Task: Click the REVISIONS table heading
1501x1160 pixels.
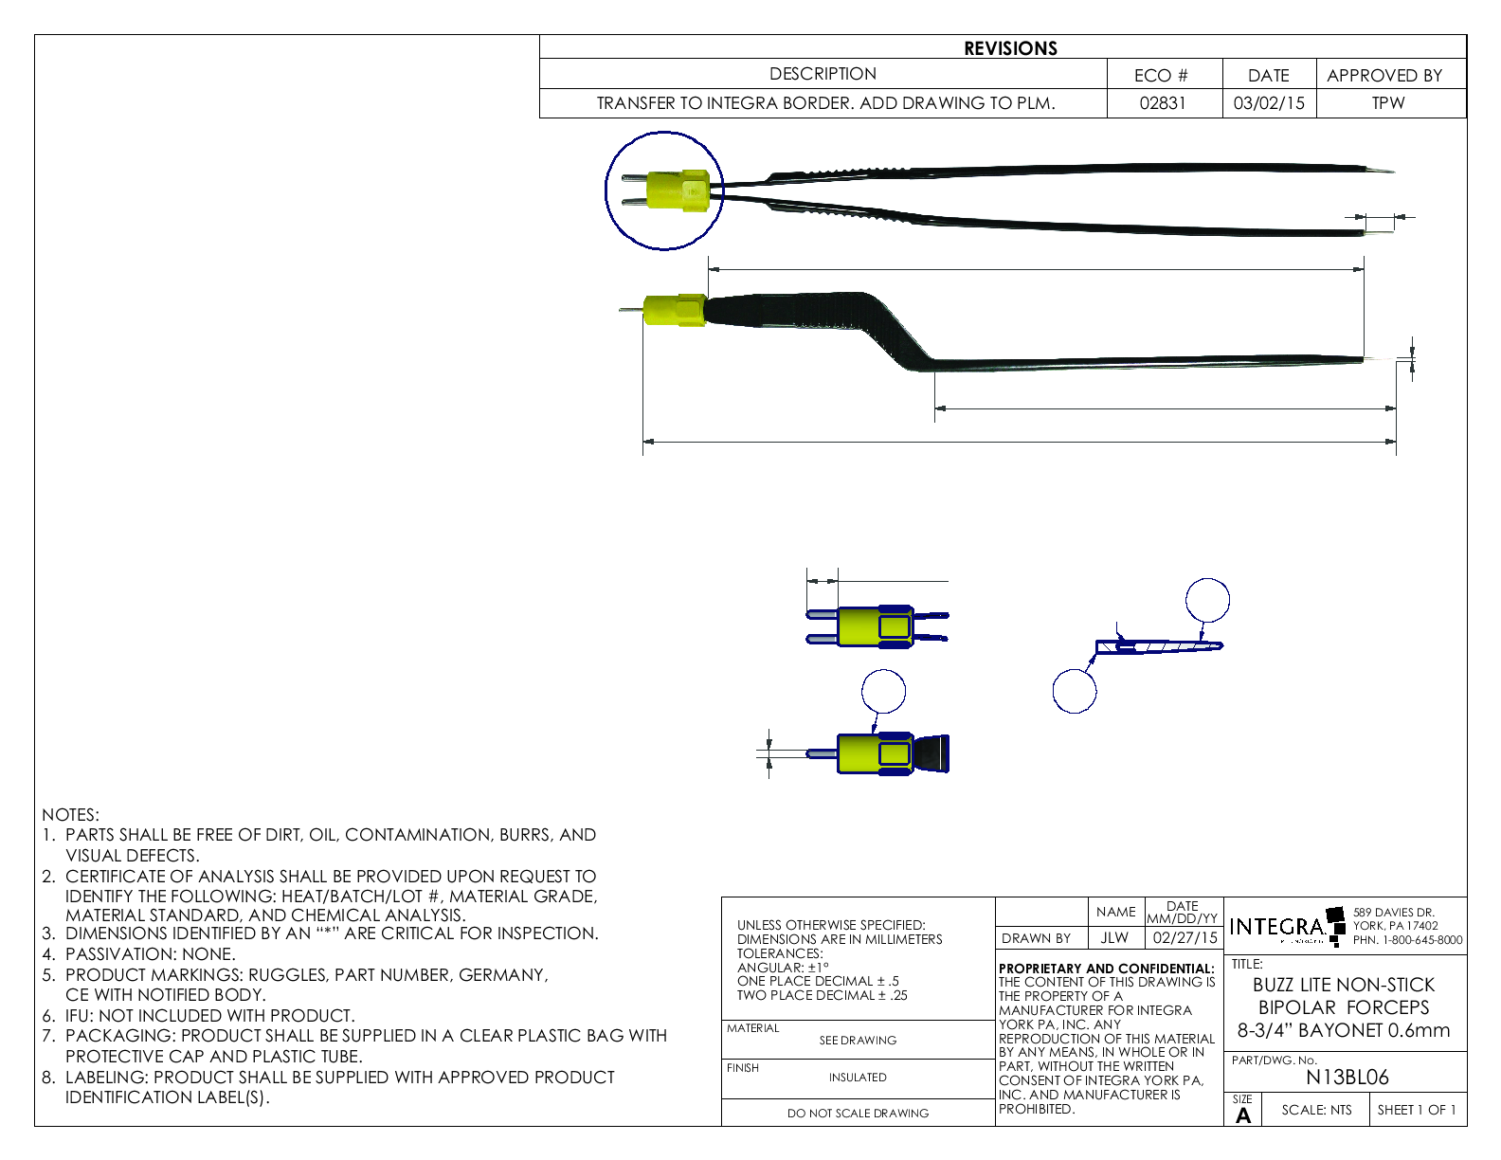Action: [1010, 48]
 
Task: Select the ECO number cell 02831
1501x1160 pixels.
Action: [1162, 103]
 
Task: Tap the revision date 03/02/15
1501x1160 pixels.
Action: [1268, 103]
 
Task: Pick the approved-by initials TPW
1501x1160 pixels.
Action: [1387, 103]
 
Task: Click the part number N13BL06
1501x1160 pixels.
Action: [1347, 1078]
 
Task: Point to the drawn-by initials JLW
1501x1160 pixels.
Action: [1114, 937]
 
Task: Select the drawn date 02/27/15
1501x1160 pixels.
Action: [1185, 937]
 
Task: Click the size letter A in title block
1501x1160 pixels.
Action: [1243, 1115]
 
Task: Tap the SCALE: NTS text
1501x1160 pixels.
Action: [1316, 1110]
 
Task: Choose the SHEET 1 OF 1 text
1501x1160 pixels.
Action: [1417, 1110]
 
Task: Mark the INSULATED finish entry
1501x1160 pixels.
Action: [858, 1078]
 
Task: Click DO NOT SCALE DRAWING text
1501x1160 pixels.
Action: [858, 1114]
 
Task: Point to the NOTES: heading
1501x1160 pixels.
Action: [70, 815]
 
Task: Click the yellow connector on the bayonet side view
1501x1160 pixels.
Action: [674, 310]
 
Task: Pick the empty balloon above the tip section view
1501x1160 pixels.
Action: [1207, 600]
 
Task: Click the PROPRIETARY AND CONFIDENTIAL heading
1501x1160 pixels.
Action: [1106, 969]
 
